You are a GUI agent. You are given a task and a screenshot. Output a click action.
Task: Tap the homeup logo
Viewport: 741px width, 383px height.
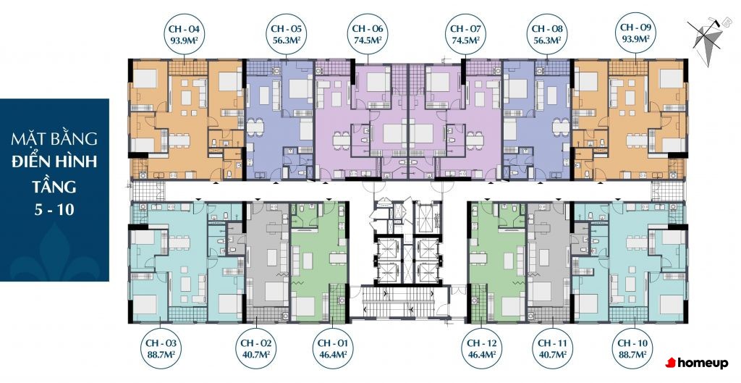click(697, 363)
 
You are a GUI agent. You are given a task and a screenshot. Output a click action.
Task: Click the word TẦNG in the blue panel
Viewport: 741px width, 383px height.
click(54, 186)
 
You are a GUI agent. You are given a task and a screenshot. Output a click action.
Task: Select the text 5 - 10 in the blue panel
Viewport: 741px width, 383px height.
click(54, 209)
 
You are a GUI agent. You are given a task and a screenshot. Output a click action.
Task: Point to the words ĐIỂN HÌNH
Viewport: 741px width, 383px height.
click(54, 161)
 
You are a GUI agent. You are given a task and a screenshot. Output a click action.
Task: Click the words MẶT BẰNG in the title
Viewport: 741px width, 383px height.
click(54, 138)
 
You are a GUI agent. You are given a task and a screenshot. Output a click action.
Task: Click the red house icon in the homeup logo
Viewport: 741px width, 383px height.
click(671, 363)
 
